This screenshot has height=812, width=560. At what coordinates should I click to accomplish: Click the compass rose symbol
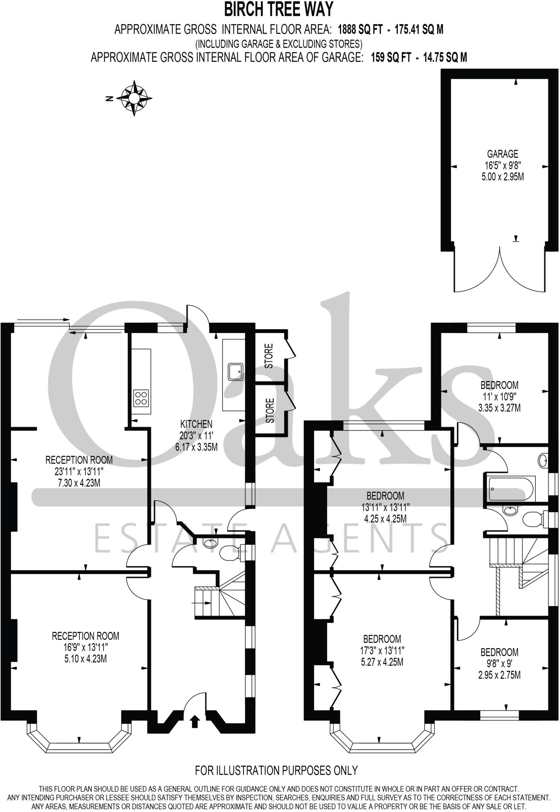pyautogui.click(x=134, y=98)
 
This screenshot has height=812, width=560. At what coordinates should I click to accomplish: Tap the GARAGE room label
pyautogui.click(x=502, y=154)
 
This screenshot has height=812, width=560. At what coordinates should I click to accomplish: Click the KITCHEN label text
pyautogui.click(x=196, y=424)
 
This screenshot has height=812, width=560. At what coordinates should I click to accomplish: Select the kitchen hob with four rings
pyautogui.click(x=142, y=398)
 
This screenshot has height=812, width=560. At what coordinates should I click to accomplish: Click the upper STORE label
pyautogui.click(x=269, y=356)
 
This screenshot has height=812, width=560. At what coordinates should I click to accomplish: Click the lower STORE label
pyautogui.click(x=270, y=411)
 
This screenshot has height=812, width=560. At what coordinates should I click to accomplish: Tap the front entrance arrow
pyautogui.click(x=194, y=722)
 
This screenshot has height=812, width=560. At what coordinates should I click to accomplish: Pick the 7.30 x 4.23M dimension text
pyautogui.click(x=79, y=483)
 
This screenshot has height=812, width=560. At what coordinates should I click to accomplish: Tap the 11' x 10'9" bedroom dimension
pyautogui.click(x=499, y=396)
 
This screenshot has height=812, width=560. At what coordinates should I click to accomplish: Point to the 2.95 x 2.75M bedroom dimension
pyautogui.click(x=499, y=675)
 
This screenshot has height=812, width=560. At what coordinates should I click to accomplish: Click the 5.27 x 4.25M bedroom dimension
pyautogui.click(x=382, y=662)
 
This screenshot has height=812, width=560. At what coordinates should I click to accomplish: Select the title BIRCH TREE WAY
pyautogui.click(x=279, y=10)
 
